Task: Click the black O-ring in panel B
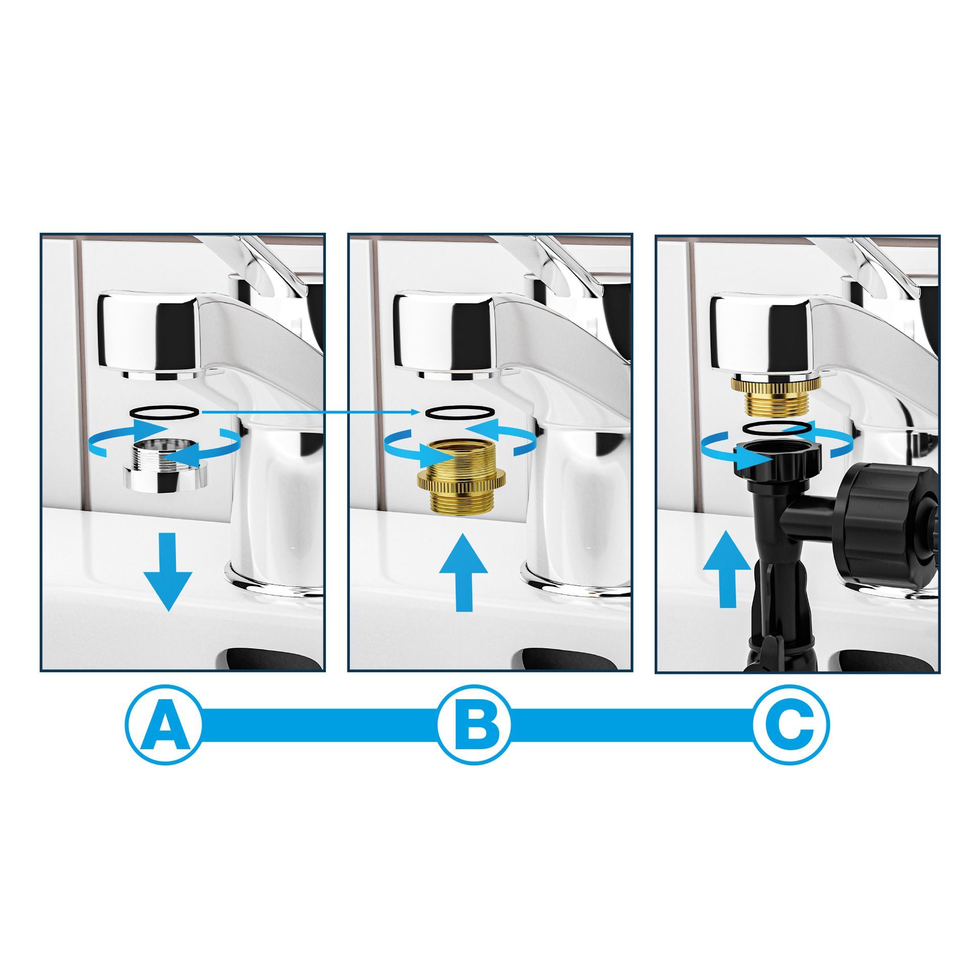click(460, 412)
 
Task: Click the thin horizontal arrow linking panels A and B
click(310, 412)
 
